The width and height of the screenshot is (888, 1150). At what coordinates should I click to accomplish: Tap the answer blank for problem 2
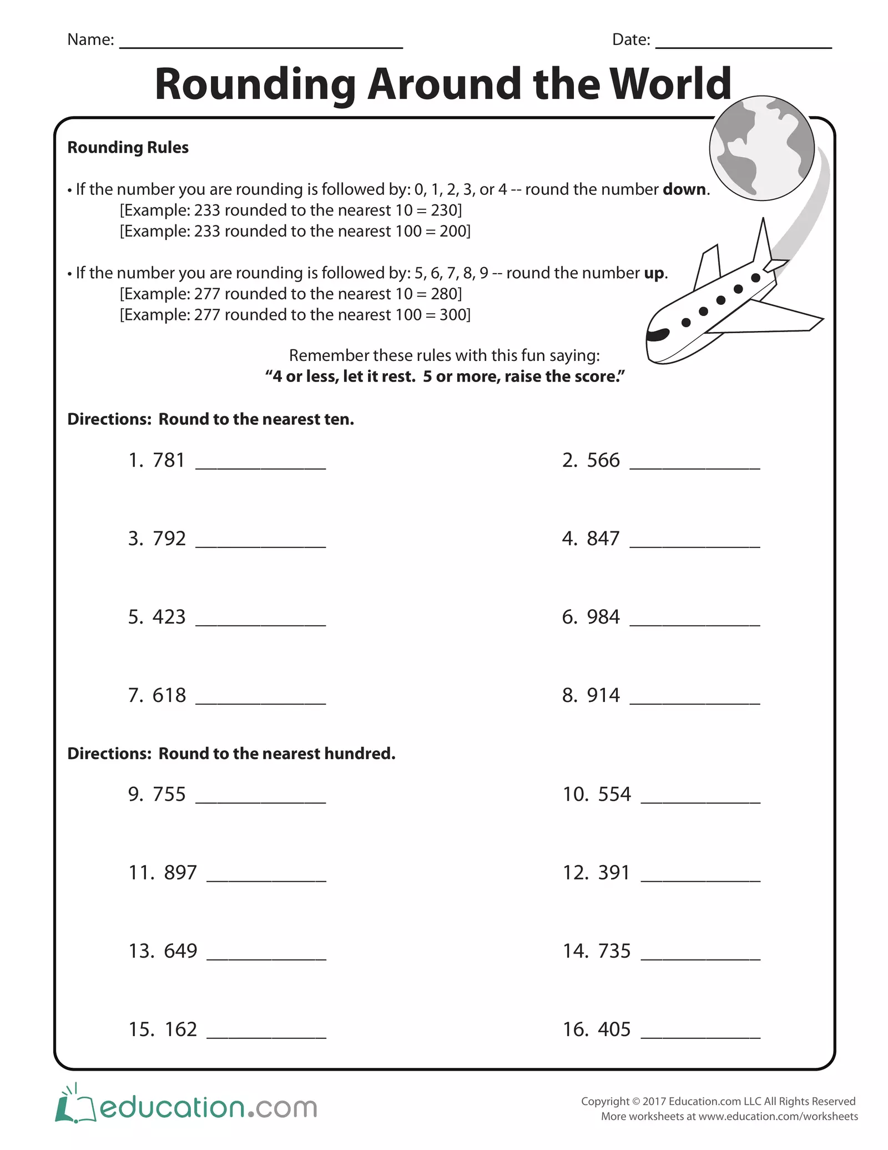[x=694, y=465]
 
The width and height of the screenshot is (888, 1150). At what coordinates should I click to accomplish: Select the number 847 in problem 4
[x=603, y=539]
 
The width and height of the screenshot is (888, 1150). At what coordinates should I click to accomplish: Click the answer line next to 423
[x=260, y=622]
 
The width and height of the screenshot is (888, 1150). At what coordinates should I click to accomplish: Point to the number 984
[x=603, y=617]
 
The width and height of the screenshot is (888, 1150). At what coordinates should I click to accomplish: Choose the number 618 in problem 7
[x=169, y=695]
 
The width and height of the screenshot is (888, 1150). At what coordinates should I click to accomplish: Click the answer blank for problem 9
[x=260, y=799]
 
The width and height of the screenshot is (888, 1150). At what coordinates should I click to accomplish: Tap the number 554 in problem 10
[x=614, y=795]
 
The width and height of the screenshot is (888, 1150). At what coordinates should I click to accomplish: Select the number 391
[x=614, y=873]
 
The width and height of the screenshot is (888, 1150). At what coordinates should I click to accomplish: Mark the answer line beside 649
[x=266, y=956]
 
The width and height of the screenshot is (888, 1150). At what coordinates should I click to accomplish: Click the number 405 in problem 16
[x=614, y=1030]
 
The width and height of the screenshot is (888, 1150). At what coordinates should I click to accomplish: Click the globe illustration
[x=761, y=148]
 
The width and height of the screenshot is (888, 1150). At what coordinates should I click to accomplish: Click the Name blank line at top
[x=261, y=44]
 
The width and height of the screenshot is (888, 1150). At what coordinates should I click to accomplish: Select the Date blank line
[x=743, y=44]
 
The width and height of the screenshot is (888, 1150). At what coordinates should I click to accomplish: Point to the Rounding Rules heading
[x=128, y=148]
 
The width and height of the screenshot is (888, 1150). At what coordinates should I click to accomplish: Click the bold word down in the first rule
[x=684, y=190]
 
